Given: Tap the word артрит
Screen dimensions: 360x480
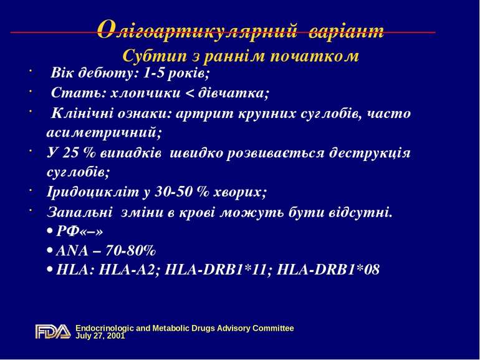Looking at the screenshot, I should [201, 114].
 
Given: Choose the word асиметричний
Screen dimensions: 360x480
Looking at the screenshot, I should [103, 132].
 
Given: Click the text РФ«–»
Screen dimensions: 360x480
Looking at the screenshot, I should [78, 231].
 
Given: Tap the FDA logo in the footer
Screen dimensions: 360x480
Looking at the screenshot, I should [52, 332].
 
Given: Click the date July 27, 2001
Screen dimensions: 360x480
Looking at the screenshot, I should [100, 336].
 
